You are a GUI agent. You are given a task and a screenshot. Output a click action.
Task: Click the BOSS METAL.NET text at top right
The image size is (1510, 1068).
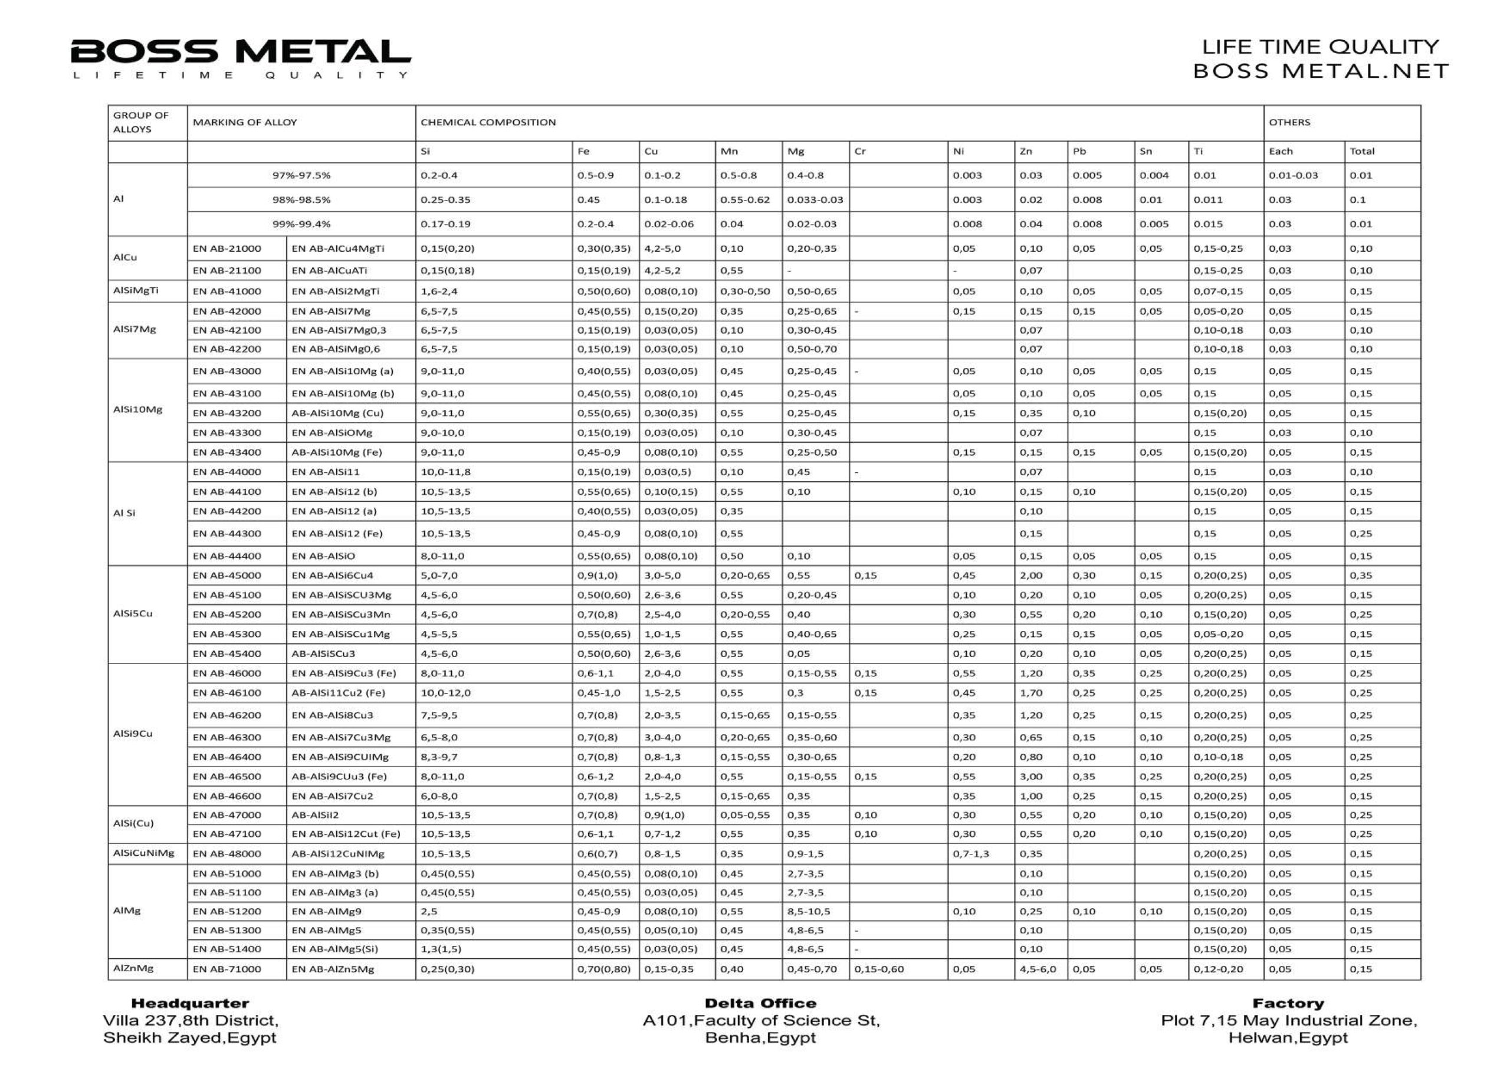point(1321,71)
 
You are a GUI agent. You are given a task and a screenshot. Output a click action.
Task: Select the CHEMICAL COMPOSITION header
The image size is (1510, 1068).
point(488,122)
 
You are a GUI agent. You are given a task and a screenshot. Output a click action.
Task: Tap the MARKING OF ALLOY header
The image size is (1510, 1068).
point(245,122)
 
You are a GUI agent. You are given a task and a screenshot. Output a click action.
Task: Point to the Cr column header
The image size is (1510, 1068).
point(859,151)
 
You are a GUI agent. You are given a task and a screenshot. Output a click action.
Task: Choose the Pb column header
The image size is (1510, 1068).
point(1079,151)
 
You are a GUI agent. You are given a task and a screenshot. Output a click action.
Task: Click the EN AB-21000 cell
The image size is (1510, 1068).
point(227,249)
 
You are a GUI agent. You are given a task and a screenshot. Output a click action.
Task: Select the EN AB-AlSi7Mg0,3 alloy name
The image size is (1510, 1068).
point(339,330)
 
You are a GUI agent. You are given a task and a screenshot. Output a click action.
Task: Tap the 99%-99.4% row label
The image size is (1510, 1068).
point(301,224)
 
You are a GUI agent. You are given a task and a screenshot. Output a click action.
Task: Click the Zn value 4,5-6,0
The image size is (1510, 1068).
point(1038,969)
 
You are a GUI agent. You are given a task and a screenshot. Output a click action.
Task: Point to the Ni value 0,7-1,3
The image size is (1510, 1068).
point(971,853)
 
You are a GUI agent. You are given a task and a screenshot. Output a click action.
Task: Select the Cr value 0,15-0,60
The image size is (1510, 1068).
point(879,969)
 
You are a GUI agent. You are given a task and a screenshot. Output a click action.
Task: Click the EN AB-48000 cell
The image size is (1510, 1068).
point(227,853)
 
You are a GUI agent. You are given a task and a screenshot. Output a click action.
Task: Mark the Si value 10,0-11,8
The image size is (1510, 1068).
point(446,472)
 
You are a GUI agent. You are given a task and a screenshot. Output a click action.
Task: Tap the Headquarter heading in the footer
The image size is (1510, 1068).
point(190,1003)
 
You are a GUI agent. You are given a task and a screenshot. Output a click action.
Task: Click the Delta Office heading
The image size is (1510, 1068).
point(760,1003)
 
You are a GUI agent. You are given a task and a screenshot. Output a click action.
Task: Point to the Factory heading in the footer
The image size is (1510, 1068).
point(1288,1003)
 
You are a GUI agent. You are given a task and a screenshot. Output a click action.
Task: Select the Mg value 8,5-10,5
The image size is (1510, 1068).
point(809,912)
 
